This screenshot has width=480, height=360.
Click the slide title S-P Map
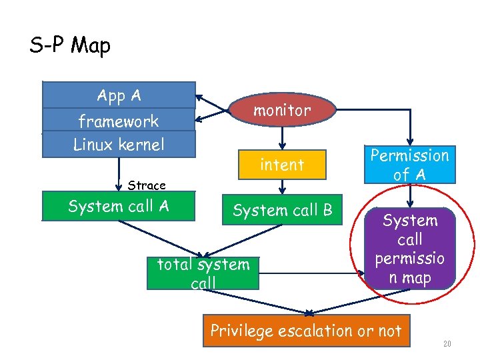tap(70, 45)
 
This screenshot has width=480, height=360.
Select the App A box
tap(119, 95)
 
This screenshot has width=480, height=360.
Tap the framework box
tap(119, 121)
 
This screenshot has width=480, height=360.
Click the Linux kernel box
tap(119, 144)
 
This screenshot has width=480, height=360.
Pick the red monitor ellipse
tap(282, 111)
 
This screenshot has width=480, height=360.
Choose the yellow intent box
tap(282, 165)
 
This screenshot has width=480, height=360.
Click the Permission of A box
tap(410, 165)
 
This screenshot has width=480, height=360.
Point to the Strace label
tap(147, 185)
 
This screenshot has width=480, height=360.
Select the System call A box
tap(119, 206)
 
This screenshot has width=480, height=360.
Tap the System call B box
tap(282, 210)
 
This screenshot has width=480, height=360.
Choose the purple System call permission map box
tap(411, 249)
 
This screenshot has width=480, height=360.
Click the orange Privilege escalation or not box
tap(306, 331)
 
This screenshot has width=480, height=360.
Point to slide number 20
tap(447, 344)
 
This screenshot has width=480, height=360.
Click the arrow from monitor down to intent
tap(282, 137)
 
